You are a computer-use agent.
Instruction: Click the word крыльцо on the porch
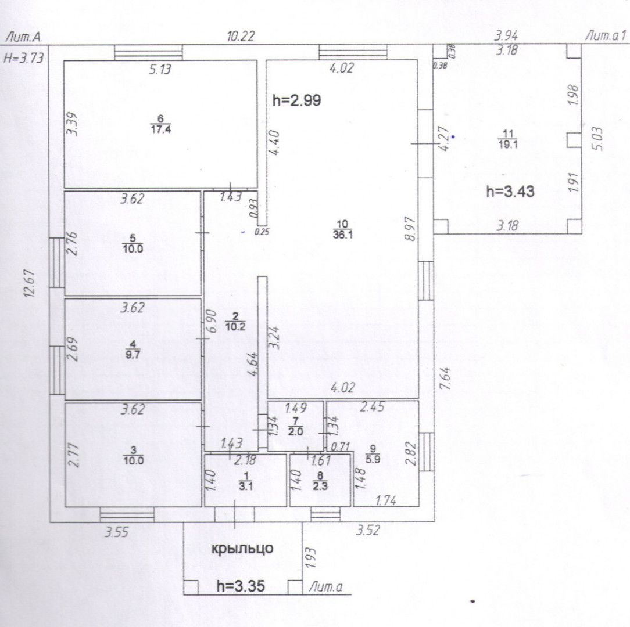[x=242, y=549]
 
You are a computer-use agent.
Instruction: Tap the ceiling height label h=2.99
[x=297, y=100]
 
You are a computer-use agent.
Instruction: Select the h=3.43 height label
[x=510, y=192]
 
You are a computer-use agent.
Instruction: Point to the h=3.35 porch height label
[x=241, y=586]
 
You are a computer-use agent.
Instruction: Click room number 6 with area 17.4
[x=161, y=124]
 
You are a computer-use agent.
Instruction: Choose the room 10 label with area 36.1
[x=343, y=229]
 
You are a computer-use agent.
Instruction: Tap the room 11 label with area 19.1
[x=508, y=139]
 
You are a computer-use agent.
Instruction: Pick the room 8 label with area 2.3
[x=320, y=481]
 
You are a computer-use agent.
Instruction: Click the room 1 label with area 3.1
[x=245, y=481]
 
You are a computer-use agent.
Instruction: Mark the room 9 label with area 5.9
[x=373, y=454]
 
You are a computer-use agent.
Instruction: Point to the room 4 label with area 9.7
[x=133, y=349]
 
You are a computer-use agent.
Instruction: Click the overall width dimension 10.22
[x=241, y=37]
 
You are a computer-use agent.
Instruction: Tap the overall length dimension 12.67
[x=30, y=283]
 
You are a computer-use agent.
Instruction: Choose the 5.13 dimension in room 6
[x=160, y=70]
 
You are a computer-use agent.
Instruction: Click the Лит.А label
[x=23, y=37]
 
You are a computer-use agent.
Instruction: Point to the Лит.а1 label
[x=606, y=36]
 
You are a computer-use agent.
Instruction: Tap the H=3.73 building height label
[x=23, y=58]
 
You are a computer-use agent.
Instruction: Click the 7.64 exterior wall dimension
[x=445, y=378]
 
